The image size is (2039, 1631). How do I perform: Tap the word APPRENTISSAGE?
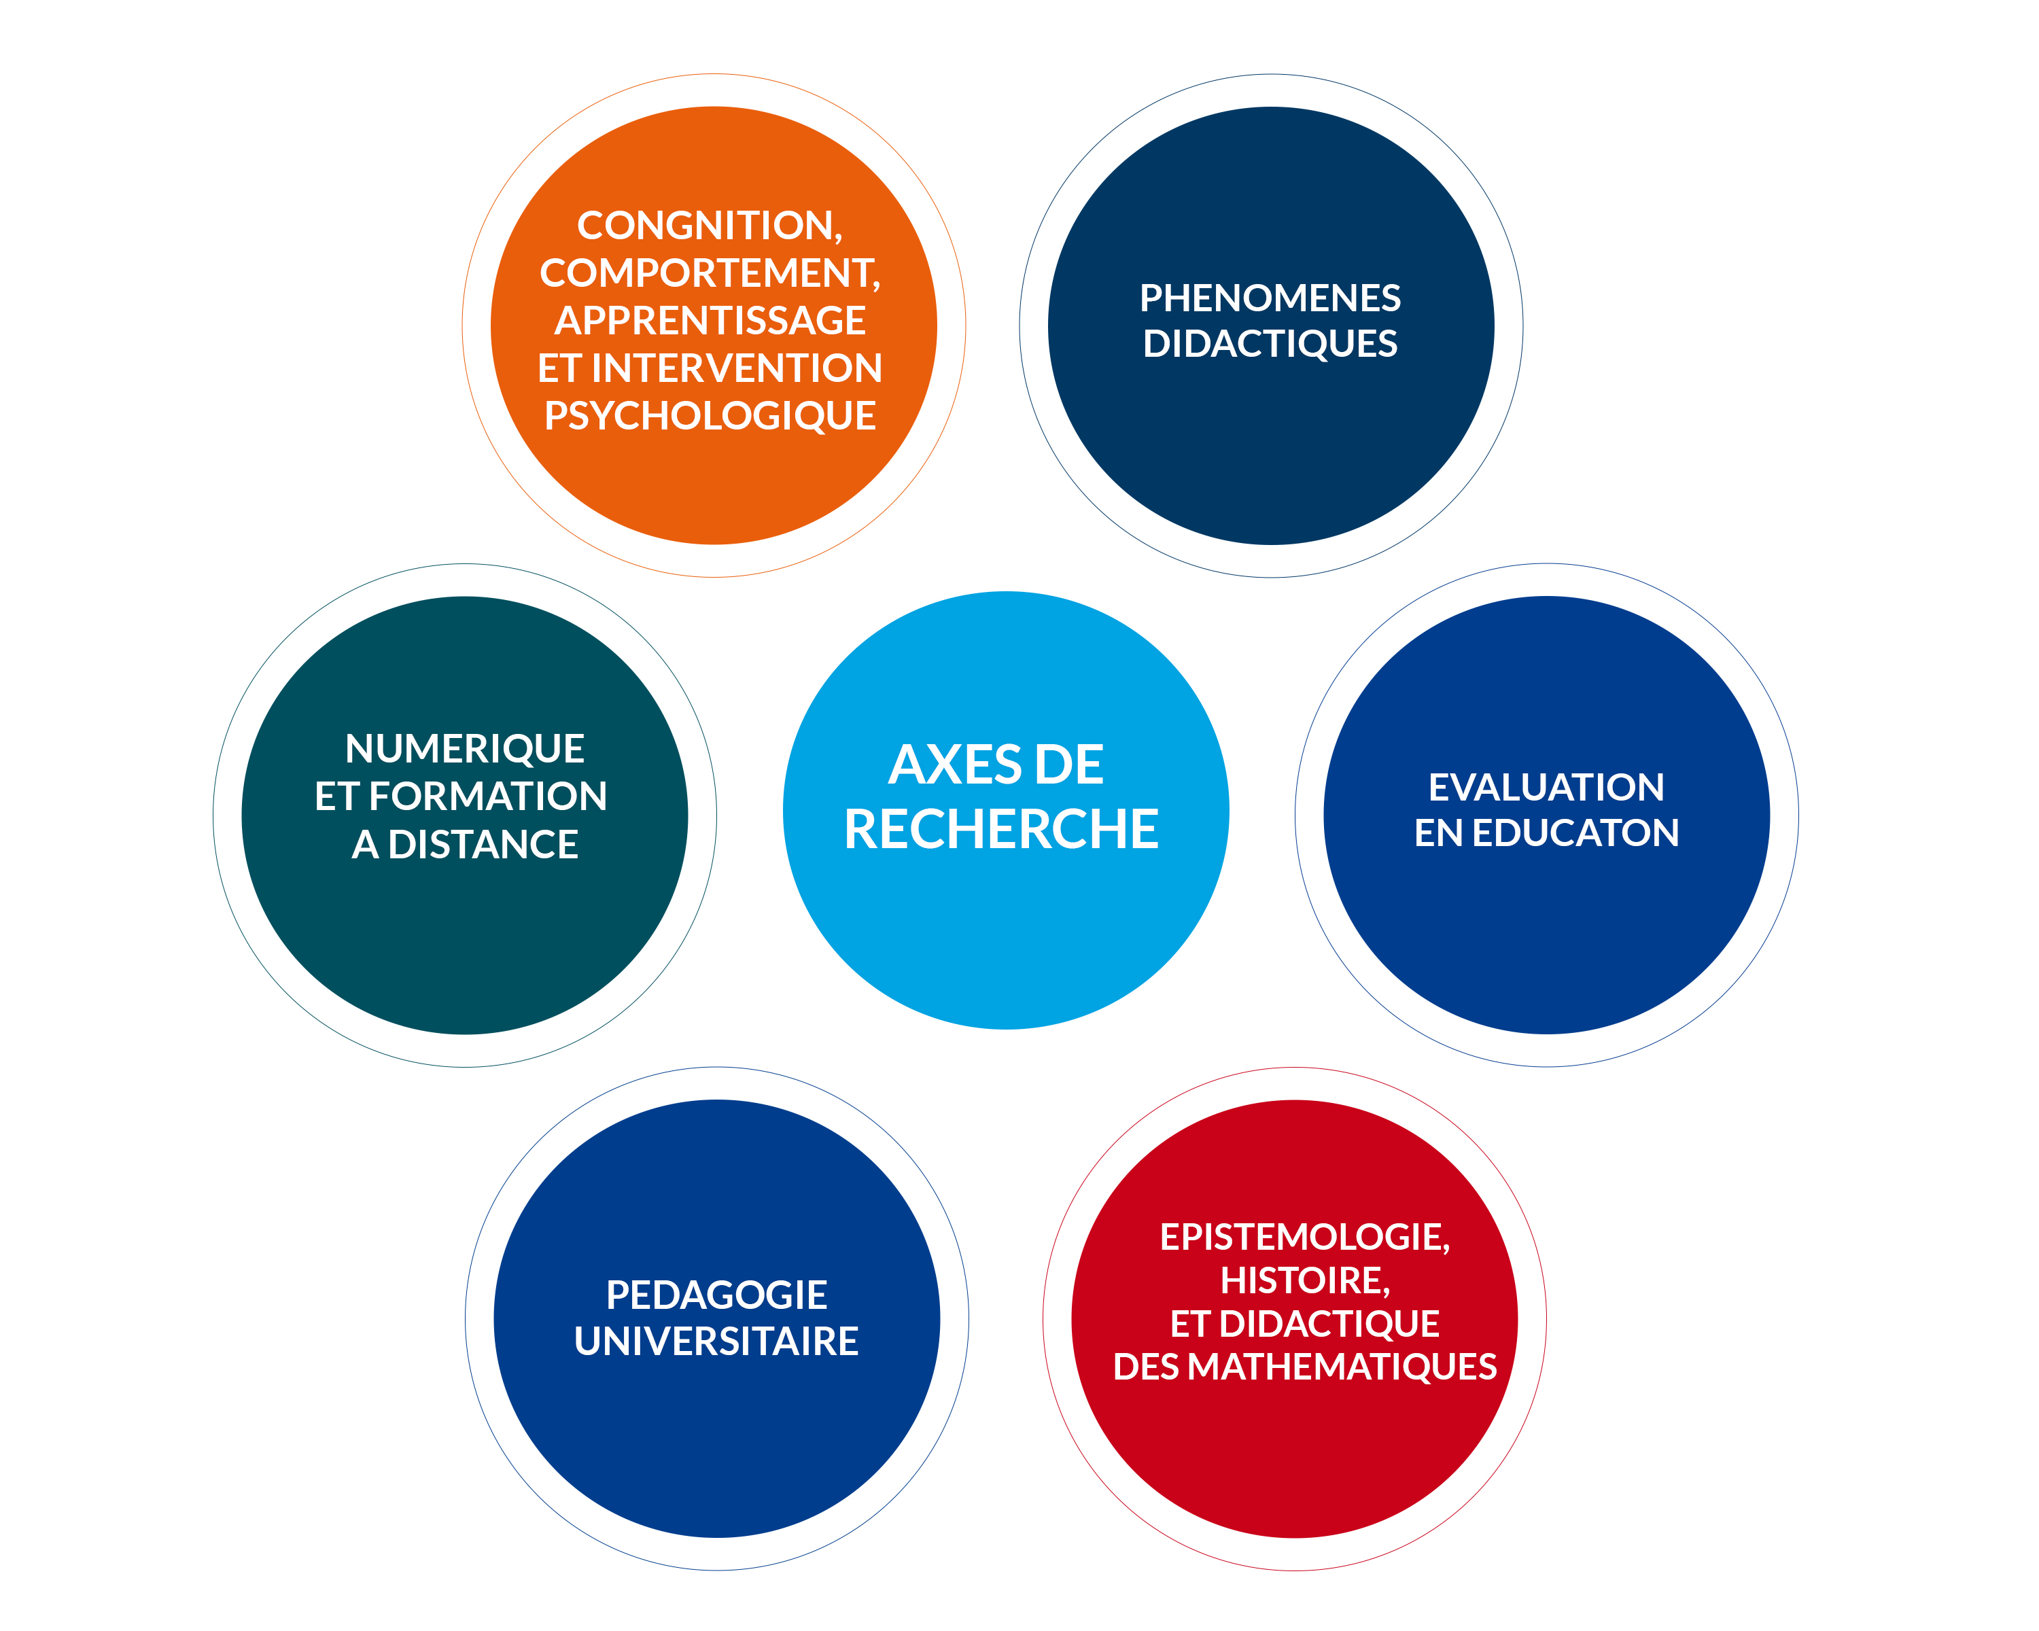tap(710, 321)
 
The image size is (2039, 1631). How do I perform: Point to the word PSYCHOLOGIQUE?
tap(710, 416)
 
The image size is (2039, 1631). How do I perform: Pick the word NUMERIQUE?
tap(464, 749)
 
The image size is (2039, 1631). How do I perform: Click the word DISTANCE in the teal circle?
tap(483, 844)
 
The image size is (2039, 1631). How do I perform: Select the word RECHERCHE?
tap(1000, 829)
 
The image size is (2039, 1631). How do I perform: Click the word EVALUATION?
tap(1546, 788)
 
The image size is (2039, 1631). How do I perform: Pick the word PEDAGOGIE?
tap(716, 1295)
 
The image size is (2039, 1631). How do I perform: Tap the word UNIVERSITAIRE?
tap(716, 1341)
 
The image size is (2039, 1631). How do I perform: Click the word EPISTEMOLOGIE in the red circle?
tap(1302, 1238)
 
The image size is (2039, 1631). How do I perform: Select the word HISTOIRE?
tap(1302, 1281)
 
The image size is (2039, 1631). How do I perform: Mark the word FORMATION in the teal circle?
tap(487, 796)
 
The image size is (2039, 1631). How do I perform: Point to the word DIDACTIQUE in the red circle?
tap(1329, 1325)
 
